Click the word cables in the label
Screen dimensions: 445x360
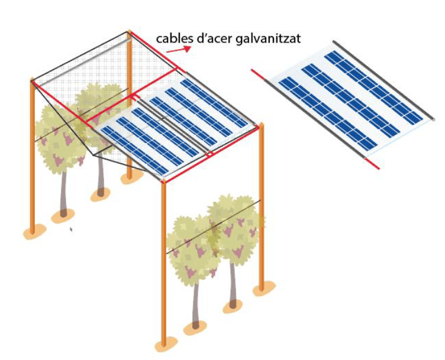pos(175,38)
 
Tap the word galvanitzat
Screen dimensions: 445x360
pos(268,40)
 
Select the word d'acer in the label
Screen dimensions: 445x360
pos(215,38)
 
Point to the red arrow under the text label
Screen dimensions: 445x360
pos(178,49)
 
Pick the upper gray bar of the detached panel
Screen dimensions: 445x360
pos(383,80)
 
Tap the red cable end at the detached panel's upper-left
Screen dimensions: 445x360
pos(257,74)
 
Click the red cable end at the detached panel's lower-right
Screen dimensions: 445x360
pos(372,164)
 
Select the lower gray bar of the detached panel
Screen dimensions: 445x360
pos(314,118)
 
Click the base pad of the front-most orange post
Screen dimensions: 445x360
pos(164,346)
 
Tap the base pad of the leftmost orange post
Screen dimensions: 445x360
pos(34,232)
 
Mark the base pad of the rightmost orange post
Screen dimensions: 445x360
pos(264,288)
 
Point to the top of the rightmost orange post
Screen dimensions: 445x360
pos(261,125)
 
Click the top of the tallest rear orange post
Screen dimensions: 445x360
pos(129,31)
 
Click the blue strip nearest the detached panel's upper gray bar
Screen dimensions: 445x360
pos(373,87)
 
